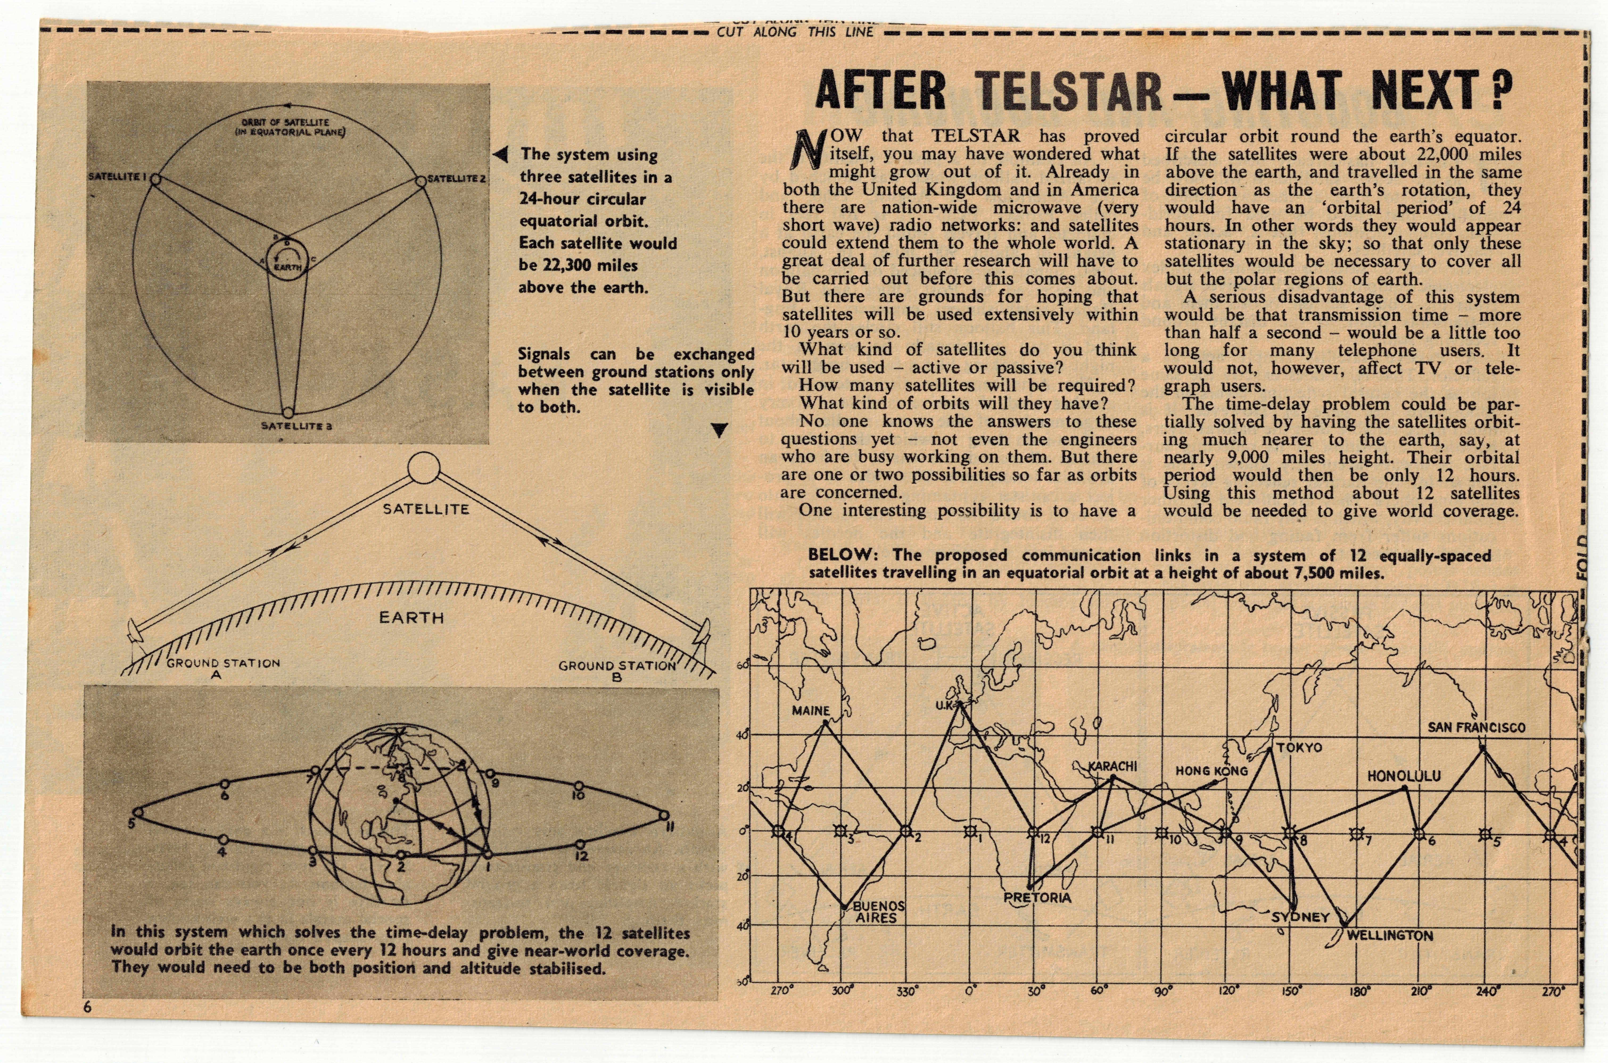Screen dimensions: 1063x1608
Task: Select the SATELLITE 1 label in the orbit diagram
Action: point(119,177)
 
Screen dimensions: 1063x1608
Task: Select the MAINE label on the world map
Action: point(810,711)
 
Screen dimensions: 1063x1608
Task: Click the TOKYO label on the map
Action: point(1300,748)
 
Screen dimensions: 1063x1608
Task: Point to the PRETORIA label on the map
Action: point(1037,898)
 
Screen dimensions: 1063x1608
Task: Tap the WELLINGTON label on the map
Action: point(1390,936)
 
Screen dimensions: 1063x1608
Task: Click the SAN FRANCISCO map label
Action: point(1477,728)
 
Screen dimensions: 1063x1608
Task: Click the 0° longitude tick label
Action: point(971,990)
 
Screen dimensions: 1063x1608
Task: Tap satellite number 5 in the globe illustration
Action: point(138,812)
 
